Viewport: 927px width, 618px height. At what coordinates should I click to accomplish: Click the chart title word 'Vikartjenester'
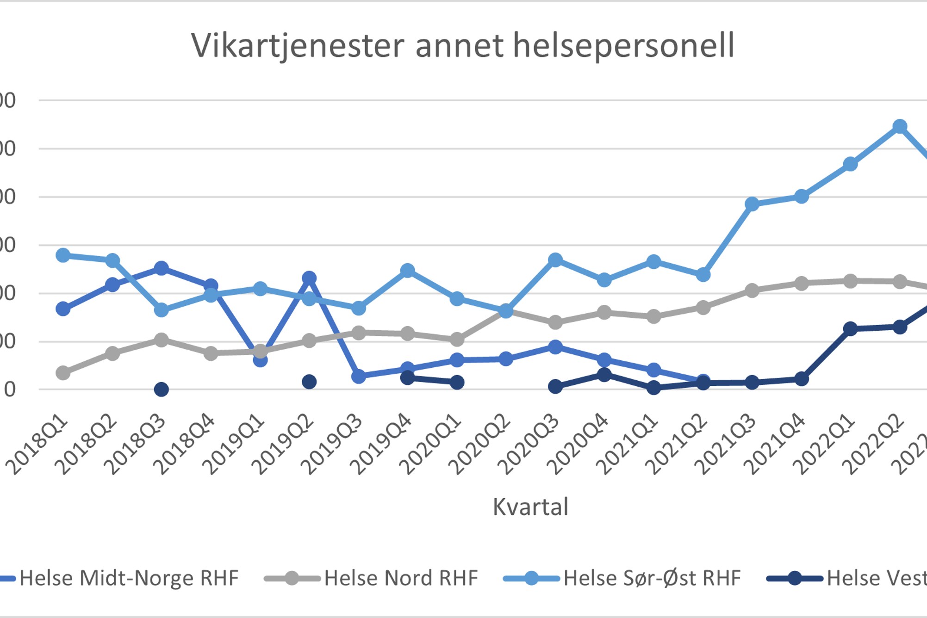[298, 46]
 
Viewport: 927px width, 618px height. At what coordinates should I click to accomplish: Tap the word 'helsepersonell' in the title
[624, 46]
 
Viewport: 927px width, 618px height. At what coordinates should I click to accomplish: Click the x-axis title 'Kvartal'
[530, 507]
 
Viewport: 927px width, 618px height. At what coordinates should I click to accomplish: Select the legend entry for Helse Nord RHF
[401, 578]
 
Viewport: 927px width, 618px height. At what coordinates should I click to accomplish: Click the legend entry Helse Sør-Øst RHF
[652, 578]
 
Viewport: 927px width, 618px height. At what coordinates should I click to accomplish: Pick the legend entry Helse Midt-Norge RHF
[129, 578]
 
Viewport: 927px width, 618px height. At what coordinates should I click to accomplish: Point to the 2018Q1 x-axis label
[40, 445]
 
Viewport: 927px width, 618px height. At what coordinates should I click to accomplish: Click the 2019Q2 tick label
[286, 445]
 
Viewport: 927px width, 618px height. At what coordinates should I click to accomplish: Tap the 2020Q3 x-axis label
[532, 445]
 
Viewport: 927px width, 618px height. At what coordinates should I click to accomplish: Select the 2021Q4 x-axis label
[778, 445]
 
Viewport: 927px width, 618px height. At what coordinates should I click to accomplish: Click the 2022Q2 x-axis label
[877, 445]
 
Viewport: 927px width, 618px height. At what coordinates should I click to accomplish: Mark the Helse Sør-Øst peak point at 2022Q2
[900, 126]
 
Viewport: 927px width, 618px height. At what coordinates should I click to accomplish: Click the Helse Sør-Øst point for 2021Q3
[752, 204]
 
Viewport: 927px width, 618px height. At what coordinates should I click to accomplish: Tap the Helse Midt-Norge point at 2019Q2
[309, 278]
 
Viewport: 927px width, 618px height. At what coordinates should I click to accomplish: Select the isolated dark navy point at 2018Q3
[161, 389]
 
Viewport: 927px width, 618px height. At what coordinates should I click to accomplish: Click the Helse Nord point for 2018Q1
[63, 373]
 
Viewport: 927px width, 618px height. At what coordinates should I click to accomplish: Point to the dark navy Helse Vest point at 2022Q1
[850, 329]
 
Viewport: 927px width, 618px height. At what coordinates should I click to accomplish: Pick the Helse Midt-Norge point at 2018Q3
[161, 268]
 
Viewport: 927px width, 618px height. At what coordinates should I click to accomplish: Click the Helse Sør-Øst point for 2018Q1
[63, 255]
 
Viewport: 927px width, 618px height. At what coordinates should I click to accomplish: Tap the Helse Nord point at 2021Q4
[802, 283]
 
